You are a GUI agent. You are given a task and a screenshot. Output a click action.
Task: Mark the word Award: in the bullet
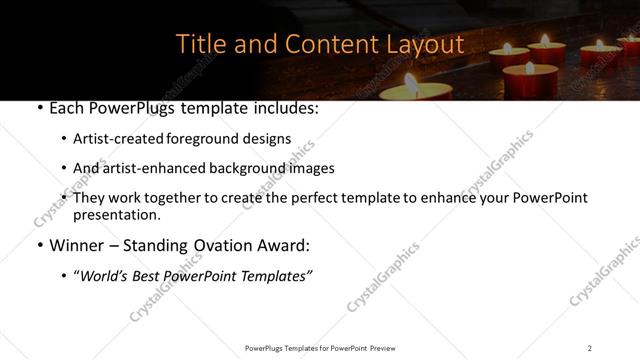tap(288, 245)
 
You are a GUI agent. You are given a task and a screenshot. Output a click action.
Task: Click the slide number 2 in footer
tap(590, 347)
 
